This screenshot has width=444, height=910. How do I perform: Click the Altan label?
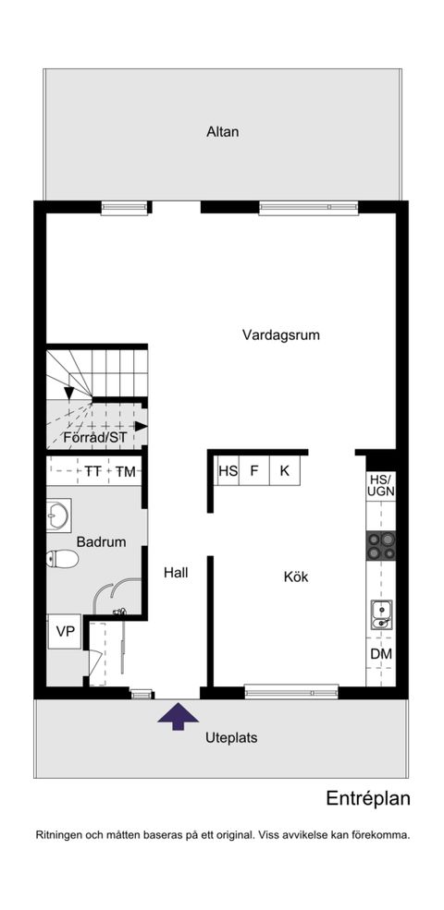[223, 132]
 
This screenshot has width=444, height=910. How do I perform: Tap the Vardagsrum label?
[281, 335]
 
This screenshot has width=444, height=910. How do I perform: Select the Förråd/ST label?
[94, 437]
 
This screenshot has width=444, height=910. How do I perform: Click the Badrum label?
[101, 542]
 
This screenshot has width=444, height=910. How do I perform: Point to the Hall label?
[176, 573]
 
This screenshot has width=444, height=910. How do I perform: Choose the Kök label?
[296, 577]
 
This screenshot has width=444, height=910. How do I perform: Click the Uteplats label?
[230, 738]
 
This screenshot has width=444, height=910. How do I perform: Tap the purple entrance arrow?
[178, 715]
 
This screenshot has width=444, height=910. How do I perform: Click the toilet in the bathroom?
[63, 558]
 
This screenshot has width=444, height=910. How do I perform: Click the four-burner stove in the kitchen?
[381, 545]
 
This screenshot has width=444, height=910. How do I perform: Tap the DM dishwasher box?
[381, 654]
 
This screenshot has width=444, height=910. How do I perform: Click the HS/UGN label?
[381, 486]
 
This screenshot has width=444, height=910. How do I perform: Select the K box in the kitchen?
[285, 471]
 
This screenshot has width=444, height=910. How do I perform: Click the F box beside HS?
[254, 471]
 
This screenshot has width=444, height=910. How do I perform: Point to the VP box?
[65, 632]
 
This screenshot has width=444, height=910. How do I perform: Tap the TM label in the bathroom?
[126, 472]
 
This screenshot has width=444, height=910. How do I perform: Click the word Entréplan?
[367, 798]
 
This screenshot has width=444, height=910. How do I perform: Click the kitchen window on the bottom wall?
[291, 689]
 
